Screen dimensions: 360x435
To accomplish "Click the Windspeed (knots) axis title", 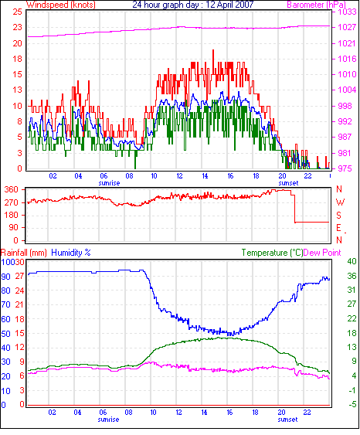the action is [x=61, y=5].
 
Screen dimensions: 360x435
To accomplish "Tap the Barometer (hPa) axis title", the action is [x=317, y=5].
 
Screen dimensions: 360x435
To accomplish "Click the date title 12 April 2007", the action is [x=229, y=5].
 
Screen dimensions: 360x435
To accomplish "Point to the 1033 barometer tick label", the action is [x=347, y=12].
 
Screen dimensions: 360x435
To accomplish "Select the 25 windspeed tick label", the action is [x=17, y=12].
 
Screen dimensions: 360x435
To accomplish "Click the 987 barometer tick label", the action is [x=345, y=137].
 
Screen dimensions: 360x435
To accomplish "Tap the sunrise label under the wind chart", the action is [x=109, y=183].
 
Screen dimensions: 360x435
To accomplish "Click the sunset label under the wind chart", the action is [x=288, y=183].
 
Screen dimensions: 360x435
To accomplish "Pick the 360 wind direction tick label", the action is [x=12, y=190].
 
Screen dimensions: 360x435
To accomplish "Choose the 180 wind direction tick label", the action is [x=12, y=216].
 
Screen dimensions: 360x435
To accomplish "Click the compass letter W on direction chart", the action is [x=341, y=202].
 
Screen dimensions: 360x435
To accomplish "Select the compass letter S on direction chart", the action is [x=338, y=216].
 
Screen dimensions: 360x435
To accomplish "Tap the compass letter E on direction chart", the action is [x=338, y=228].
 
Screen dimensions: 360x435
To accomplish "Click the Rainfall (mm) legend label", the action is [x=24, y=253].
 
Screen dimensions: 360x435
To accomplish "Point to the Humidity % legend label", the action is [x=71, y=253].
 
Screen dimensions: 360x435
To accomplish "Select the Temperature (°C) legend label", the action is [x=272, y=253].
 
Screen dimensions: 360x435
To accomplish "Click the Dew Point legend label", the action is [x=322, y=253].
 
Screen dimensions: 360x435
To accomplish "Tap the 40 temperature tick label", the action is [x=352, y=261].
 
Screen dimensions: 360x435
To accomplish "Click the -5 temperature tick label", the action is [x=352, y=405].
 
